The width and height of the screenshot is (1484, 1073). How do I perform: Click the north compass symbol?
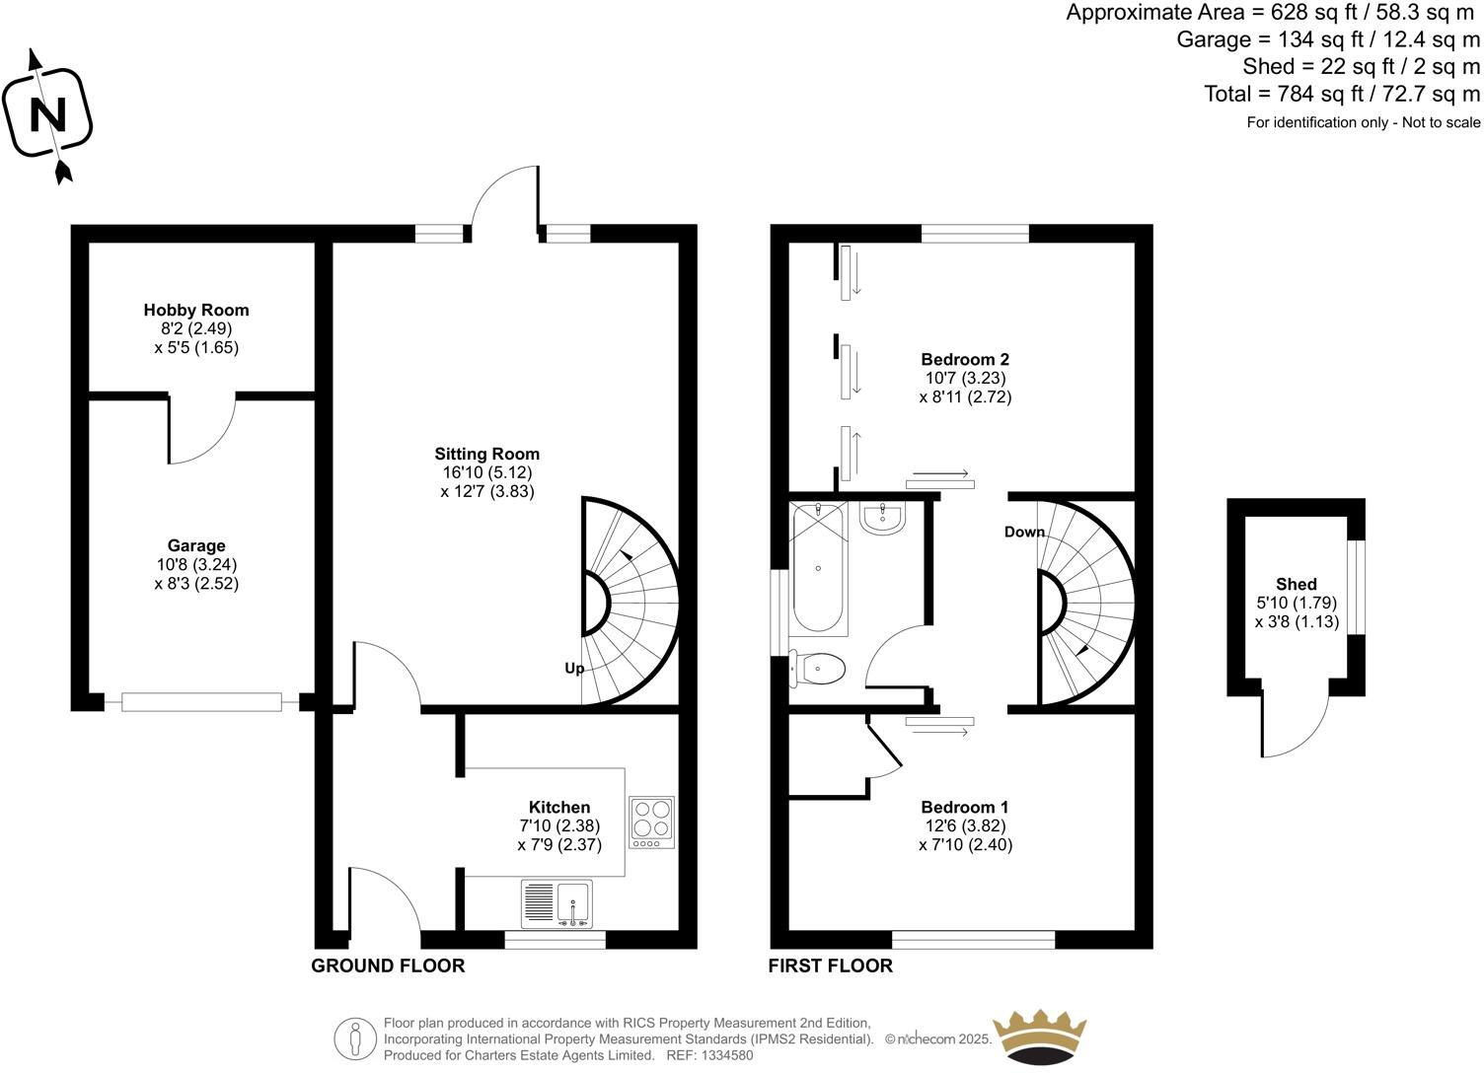pyautogui.click(x=47, y=114)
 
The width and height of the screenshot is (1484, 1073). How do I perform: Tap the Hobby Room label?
pyautogui.click(x=196, y=310)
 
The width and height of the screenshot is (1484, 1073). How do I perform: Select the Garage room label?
pyautogui.click(x=196, y=545)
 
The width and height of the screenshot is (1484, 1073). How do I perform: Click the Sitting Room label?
pyautogui.click(x=487, y=454)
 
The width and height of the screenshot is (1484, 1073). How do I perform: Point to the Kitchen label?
pyautogui.click(x=559, y=807)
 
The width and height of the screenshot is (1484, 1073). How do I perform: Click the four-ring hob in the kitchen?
pyautogui.click(x=651, y=823)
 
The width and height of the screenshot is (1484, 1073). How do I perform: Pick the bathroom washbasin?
pyautogui.click(x=882, y=519)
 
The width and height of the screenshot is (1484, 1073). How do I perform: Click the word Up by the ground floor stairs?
pyautogui.click(x=574, y=669)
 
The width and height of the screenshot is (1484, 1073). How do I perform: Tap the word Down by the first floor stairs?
pyautogui.click(x=1024, y=532)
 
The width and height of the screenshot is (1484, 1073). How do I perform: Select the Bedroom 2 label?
pyautogui.click(x=965, y=359)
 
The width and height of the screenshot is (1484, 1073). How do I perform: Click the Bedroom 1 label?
pyautogui.click(x=965, y=807)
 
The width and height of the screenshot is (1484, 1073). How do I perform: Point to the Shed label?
pyautogui.click(x=1297, y=584)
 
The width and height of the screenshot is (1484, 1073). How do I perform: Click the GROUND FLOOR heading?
pyautogui.click(x=388, y=966)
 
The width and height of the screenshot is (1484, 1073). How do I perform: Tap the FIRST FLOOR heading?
pyautogui.click(x=831, y=966)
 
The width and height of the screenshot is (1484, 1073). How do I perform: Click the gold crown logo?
pyautogui.click(x=1040, y=1037)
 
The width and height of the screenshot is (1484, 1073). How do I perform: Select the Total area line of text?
pyautogui.click(x=1342, y=94)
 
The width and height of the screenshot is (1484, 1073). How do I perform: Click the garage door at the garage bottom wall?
pyautogui.click(x=201, y=702)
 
